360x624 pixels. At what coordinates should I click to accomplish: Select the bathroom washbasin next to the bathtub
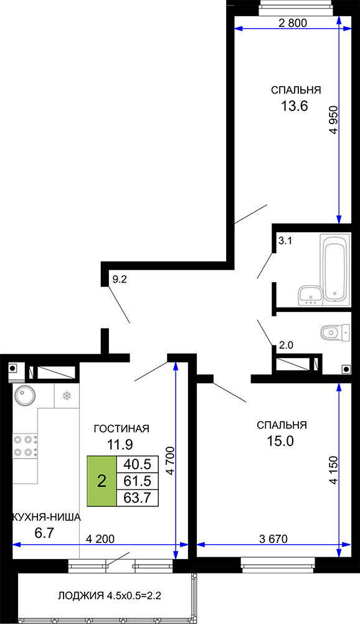[x=310, y=295]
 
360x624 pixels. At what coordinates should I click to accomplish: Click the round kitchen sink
[x=25, y=396]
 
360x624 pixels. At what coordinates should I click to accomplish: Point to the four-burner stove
[x=26, y=446]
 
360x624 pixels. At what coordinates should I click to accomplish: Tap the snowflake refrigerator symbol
[x=67, y=396]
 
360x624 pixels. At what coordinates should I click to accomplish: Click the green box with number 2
[x=102, y=482]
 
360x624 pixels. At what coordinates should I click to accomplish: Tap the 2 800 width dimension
[x=293, y=23]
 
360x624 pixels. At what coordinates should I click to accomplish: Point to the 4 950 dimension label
[x=333, y=120]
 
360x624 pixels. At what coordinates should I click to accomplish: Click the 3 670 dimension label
[x=273, y=539]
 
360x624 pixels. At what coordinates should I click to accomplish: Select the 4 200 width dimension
[x=100, y=539]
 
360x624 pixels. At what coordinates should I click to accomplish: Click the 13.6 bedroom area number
[x=295, y=106]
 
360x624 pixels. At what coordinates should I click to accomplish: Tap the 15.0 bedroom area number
[x=280, y=441]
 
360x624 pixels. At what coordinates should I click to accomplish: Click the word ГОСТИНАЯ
[x=121, y=429]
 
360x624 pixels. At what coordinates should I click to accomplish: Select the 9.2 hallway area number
[x=119, y=280]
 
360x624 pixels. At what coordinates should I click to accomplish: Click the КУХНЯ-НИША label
[x=47, y=517]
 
